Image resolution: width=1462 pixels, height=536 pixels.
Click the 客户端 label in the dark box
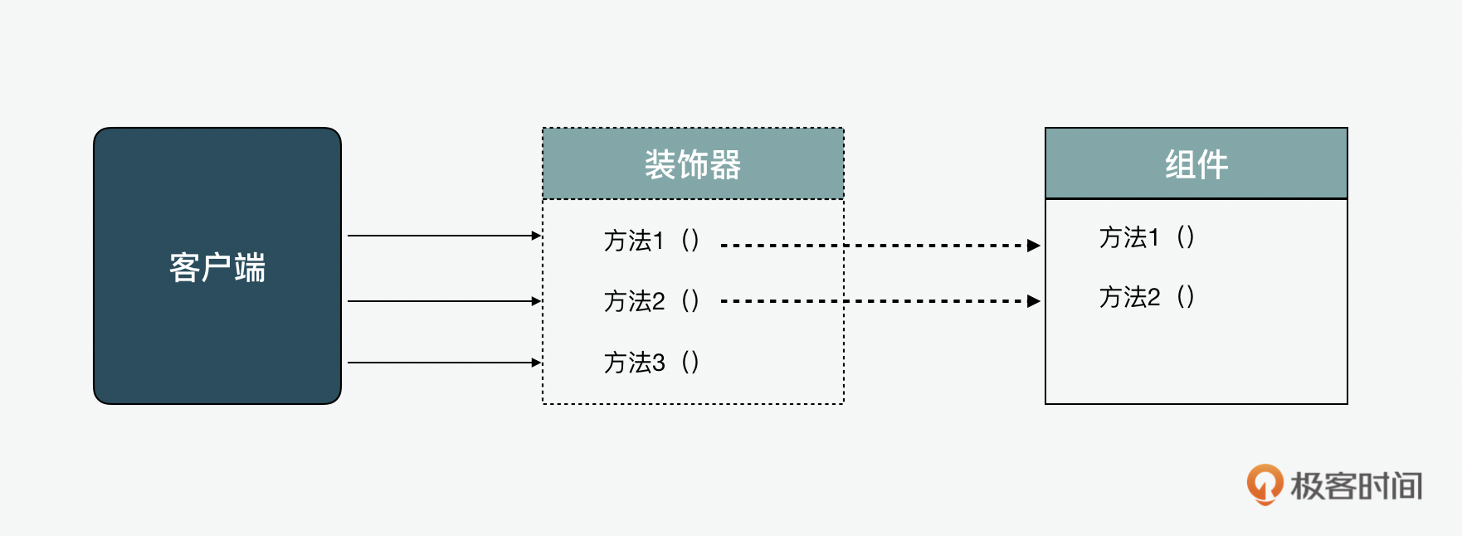point(217,268)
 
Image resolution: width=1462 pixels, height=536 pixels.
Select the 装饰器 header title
point(693,164)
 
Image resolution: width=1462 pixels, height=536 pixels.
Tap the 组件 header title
point(1196,164)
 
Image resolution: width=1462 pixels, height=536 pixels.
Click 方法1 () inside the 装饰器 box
point(652,241)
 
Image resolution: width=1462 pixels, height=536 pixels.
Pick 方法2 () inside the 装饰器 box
point(652,300)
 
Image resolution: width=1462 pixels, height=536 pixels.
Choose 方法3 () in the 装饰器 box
point(652,363)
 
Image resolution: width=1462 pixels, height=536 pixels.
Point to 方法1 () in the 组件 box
point(1148,237)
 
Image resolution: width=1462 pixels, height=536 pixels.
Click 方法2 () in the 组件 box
point(1148,297)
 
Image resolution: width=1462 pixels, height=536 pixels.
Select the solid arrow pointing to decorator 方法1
point(444,236)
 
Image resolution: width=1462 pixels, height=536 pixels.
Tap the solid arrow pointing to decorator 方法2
point(444,301)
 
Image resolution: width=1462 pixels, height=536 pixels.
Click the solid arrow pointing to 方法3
point(444,363)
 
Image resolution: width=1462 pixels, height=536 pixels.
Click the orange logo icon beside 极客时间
point(1265,485)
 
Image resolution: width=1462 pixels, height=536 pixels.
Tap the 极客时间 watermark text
point(1357,486)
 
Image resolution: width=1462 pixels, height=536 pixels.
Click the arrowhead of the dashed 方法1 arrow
point(1034,246)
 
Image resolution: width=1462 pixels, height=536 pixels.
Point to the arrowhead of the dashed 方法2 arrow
point(1034,301)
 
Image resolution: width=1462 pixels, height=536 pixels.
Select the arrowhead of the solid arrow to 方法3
point(536,363)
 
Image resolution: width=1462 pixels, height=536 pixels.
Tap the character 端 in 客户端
point(250,268)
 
